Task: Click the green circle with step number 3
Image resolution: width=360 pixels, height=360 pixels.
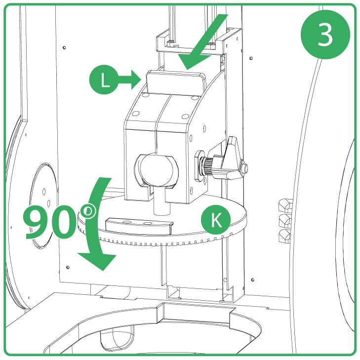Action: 325,35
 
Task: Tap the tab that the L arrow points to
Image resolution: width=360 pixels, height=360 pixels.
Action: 175,81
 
